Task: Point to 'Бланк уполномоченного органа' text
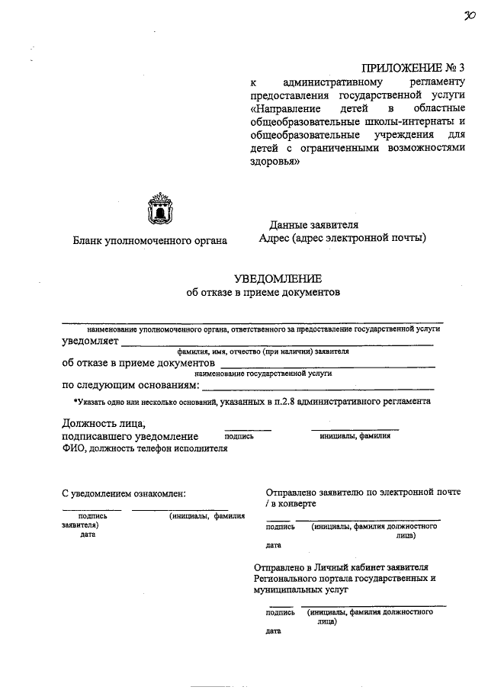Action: pyautogui.click(x=149, y=241)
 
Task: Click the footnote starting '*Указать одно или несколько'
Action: pyautogui.click(x=251, y=400)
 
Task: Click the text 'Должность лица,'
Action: pyautogui.click(x=103, y=423)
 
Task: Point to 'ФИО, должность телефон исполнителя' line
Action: pyautogui.click(x=145, y=449)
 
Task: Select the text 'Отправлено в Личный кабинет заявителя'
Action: pyautogui.click(x=341, y=567)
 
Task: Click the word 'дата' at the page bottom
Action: pyautogui.click(x=273, y=631)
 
